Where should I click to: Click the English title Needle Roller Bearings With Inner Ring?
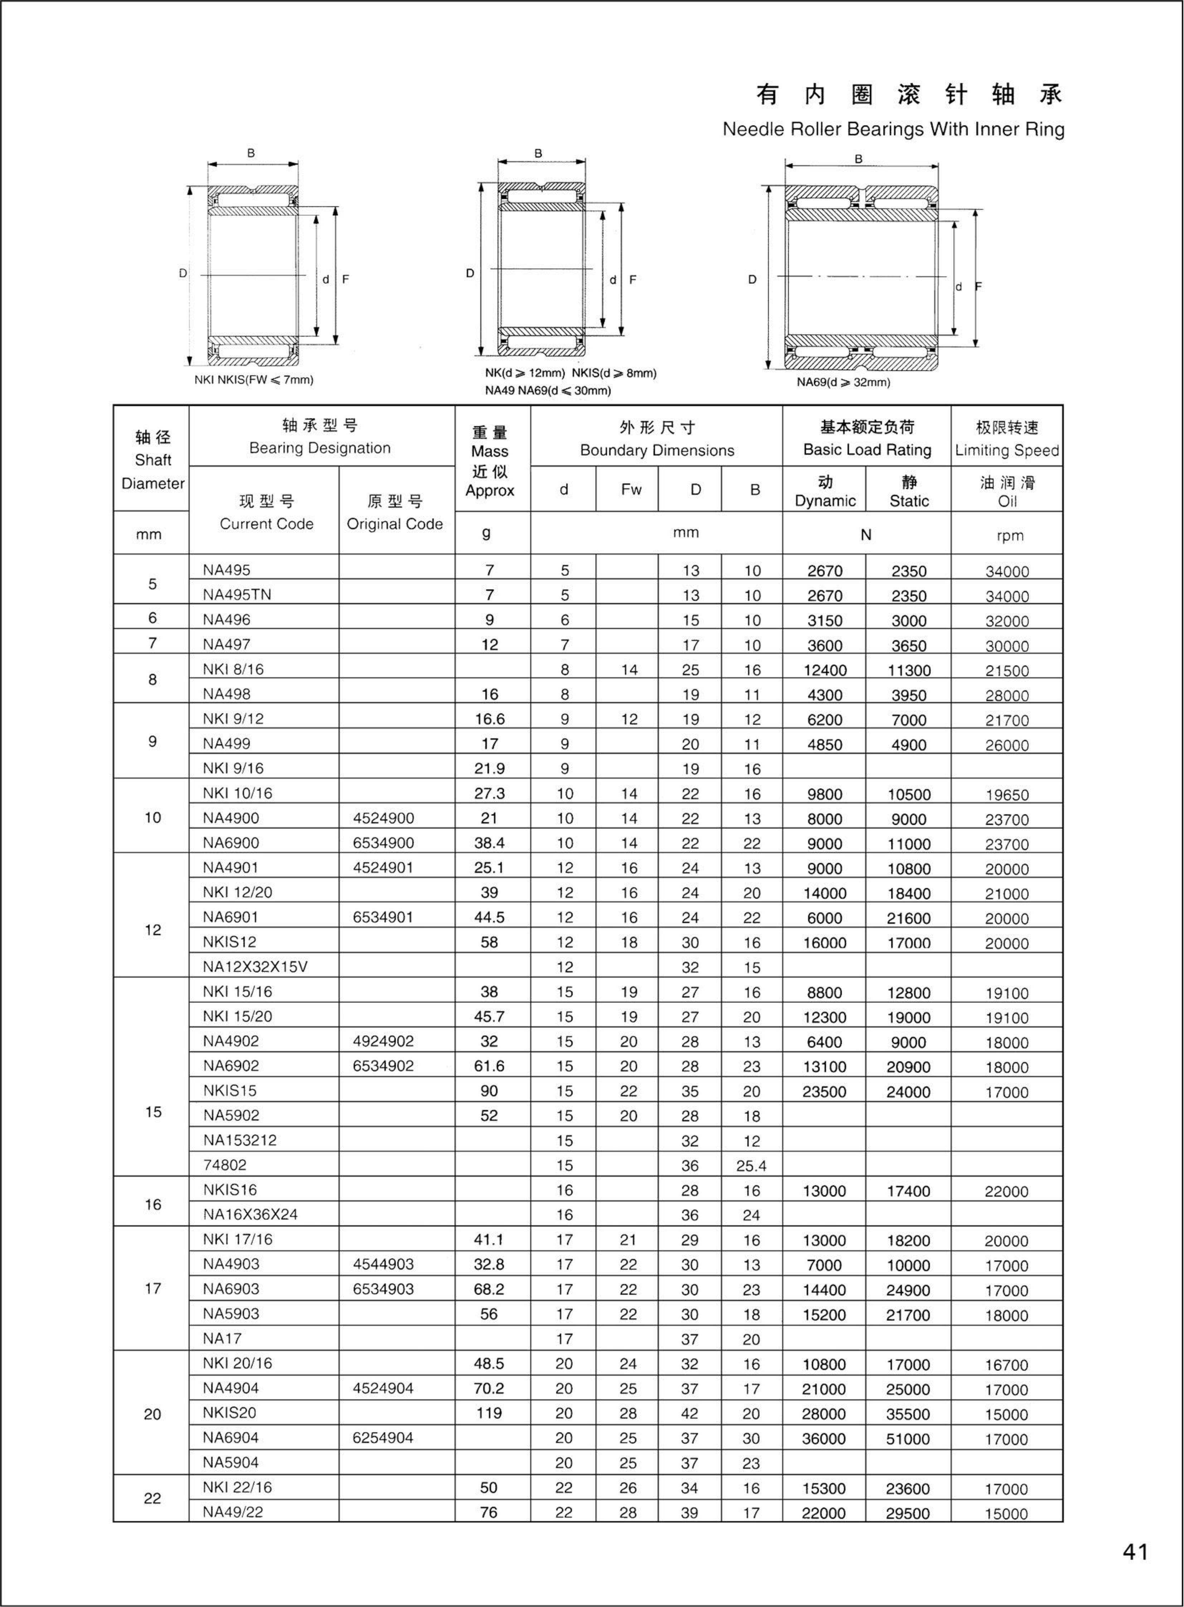pyautogui.click(x=893, y=130)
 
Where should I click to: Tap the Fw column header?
pyautogui.click(x=631, y=490)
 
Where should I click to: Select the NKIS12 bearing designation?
pyautogui.click(x=229, y=942)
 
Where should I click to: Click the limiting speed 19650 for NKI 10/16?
pyautogui.click(x=1006, y=795)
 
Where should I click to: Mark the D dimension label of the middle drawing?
pyautogui.click(x=470, y=273)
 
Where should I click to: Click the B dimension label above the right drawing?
pyautogui.click(x=859, y=159)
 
